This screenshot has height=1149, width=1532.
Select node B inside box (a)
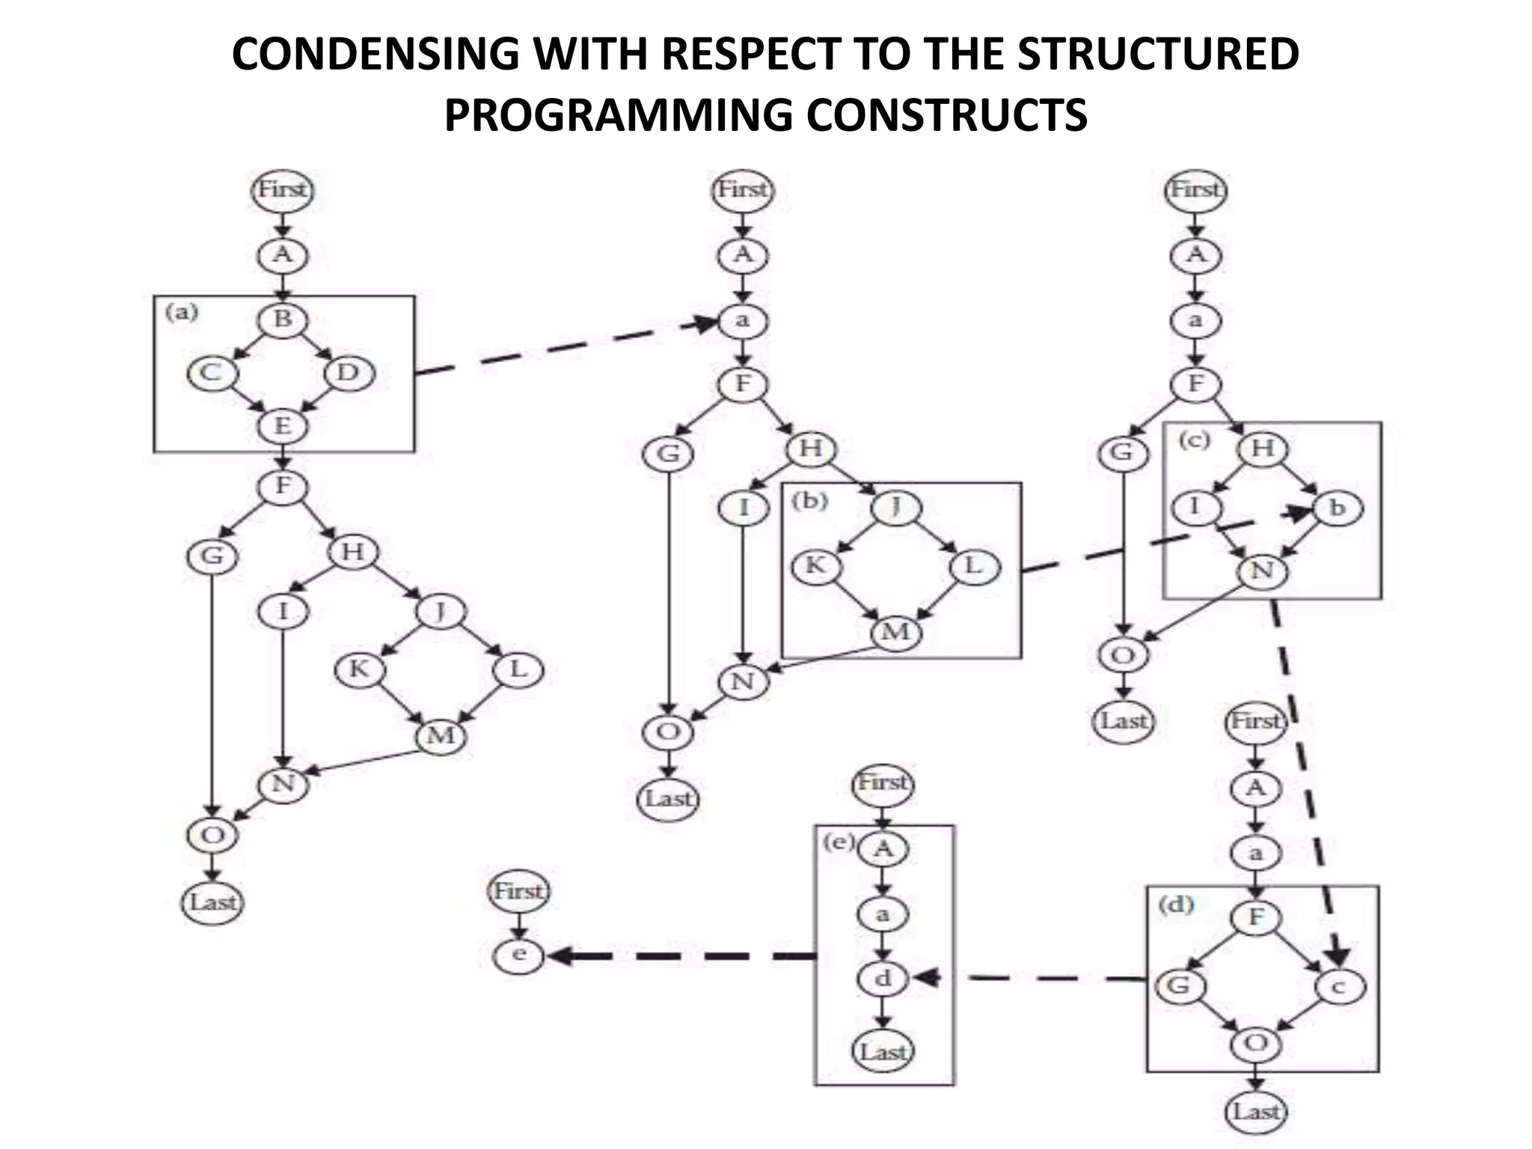(x=282, y=319)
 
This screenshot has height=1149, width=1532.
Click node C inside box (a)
(x=211, y=373)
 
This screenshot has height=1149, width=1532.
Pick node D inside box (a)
(x=349, y=373)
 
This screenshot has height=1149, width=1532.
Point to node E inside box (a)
(x=282, y=426)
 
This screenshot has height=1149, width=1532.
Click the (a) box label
(x=182, y=312)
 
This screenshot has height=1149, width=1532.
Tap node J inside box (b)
(x=896, y=508)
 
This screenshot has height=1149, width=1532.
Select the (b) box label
(x=809, y=500)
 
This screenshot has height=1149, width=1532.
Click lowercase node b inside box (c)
(x=1337, y=509)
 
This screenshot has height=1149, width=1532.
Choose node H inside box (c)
(x=1263, y=449)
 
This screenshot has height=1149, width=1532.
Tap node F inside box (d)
(x=1256, y=917)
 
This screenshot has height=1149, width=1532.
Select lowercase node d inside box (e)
(x=883, y=978)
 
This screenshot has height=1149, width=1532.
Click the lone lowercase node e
(x=518, y=955)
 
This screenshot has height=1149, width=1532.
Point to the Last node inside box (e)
(x=883, y=1051)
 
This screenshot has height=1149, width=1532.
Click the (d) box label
(x=1176, y=905)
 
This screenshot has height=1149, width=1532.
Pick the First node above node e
(x=518, y=892)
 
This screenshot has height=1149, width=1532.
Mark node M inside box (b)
(x=896, y=633)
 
